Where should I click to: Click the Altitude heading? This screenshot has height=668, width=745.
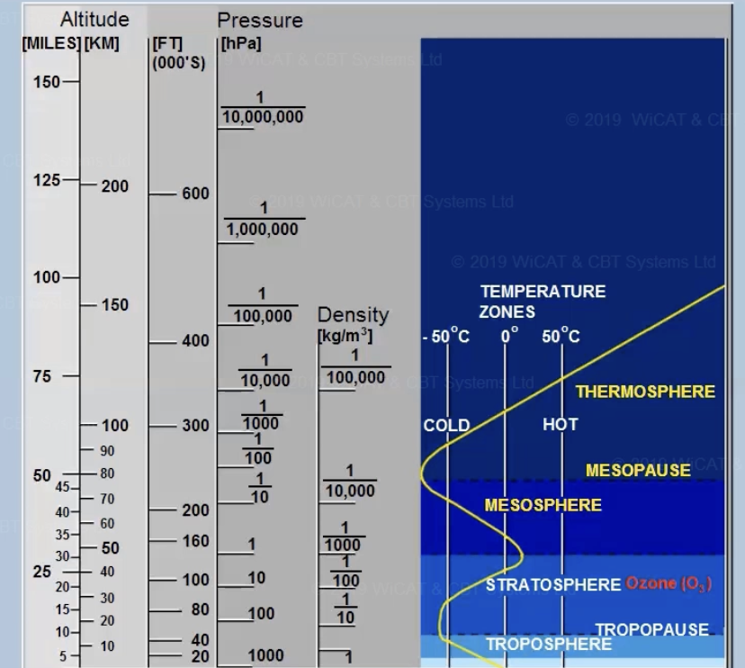94,20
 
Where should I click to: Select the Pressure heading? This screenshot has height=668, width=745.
260,20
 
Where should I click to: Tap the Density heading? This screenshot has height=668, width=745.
353,316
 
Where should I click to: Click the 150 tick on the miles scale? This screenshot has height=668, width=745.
47,82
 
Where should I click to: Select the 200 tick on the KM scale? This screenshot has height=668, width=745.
114,186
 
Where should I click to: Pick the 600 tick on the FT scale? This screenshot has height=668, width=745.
194,194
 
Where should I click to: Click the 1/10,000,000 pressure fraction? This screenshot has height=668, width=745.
262,108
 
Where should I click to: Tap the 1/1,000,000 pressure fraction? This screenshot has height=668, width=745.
263,220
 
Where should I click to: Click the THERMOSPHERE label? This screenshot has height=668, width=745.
645,392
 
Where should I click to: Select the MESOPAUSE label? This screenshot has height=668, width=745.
638,470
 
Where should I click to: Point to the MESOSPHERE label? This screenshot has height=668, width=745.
543,505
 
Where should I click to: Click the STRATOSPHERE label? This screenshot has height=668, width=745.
553,585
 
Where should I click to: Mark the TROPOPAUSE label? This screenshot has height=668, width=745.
651,629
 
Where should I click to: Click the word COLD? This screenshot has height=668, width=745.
446,426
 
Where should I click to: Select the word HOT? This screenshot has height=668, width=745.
560,424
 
